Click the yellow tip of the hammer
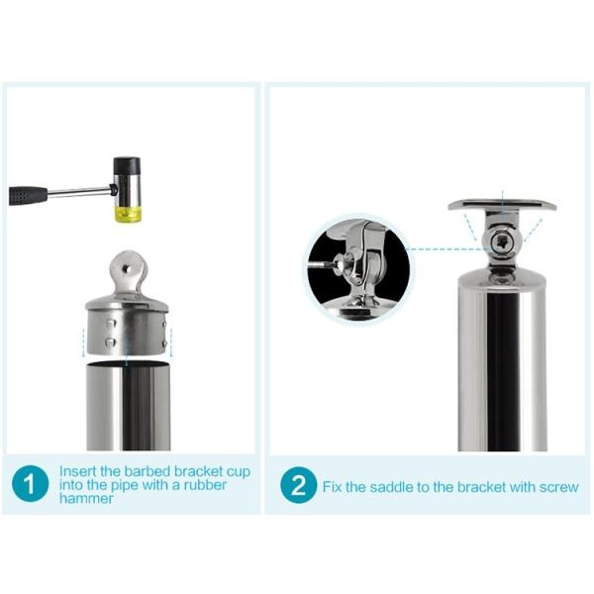click(x=128, y=214)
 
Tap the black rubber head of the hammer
click(x=127, y=165)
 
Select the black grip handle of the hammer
click(x=29, y=195)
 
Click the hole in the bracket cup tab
click(x=127, y=269)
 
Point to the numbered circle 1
click(x=31, y=484)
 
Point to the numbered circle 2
click(x=299, y=485)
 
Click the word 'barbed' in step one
click(x=148, y=471)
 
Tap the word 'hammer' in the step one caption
click(x=86, y=499)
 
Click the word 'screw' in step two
click(x=558, y=487)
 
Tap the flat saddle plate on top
click(x=502, y=206)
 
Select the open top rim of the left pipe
click(x=128, y=364)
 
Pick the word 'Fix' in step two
click(x=333, y=487)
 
